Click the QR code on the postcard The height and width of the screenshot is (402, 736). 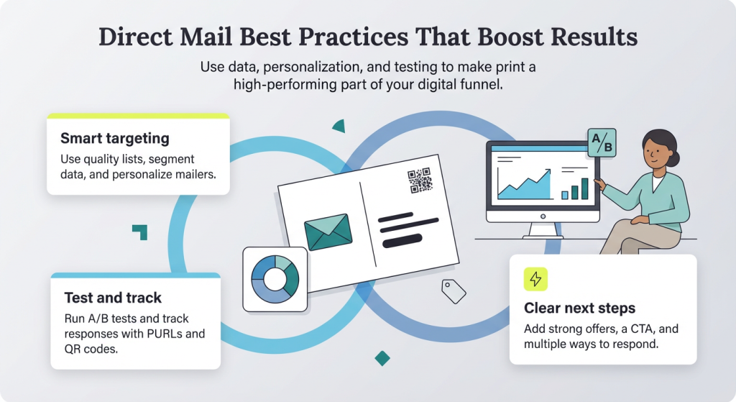tap(420, 181)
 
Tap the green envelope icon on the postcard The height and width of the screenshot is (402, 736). tap(328, 232)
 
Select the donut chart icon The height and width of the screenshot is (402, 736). tap(275, 280)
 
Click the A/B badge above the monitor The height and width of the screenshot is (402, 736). tap(602, 143)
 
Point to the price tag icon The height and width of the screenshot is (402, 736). tap(454, 291)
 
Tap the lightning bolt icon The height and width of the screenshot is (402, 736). tap(535, 280)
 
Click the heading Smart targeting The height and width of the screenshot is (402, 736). tap(115, 139)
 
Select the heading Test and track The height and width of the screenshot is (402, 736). tap(113, 298)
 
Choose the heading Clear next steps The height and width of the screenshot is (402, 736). tap(580, 308)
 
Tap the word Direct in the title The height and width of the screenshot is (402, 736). tap(136, 37)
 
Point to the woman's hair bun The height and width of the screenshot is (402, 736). tap(674, 158)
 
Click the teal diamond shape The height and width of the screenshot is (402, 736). tap(382, 358)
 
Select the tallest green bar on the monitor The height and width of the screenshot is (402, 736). tap(585, 188)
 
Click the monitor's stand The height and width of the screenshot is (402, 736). tap(543, 231)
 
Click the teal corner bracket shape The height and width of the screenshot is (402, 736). tap(140, 232)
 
